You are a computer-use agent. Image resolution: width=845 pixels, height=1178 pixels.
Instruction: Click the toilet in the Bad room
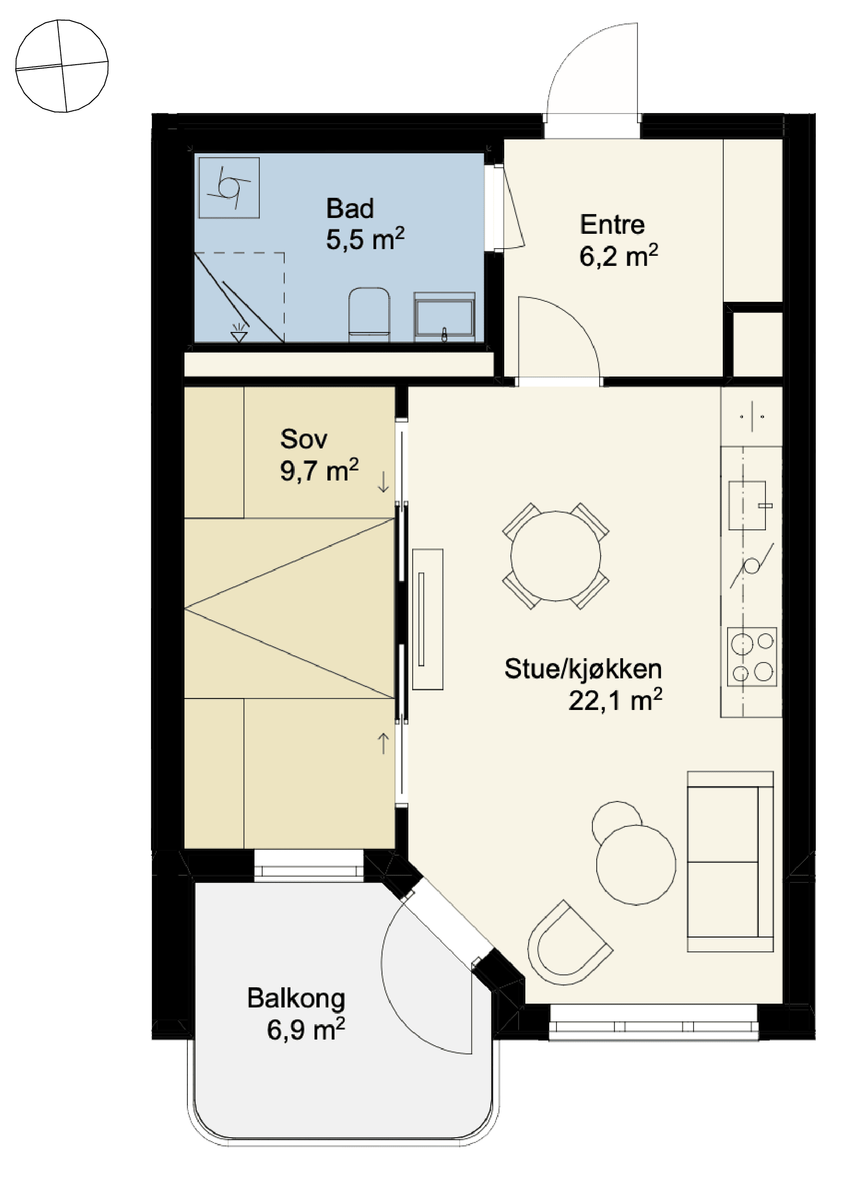tap(369, 315)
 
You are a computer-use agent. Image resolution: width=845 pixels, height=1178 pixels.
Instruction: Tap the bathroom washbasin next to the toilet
tap(444, 317)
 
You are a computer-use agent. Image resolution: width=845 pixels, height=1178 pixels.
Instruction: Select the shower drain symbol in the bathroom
tap(239, 332)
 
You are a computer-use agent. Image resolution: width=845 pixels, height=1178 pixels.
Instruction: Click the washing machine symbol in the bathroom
tap(229, 187)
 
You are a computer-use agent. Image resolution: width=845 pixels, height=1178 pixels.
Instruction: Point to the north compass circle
tap(62, 66)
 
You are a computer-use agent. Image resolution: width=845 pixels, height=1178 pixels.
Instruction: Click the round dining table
tap(556, 556)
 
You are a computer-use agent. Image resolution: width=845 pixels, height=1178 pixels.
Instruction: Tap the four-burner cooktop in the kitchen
tap(752, 656)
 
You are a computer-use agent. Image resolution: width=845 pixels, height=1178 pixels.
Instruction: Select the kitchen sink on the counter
tap(747, 505)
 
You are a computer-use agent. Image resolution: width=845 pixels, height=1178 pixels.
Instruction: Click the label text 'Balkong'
tap(296, 999)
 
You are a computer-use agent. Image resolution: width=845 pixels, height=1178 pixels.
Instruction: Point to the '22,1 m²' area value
tap(615, 700)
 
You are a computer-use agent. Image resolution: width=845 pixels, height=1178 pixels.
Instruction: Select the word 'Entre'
tap(612, 224)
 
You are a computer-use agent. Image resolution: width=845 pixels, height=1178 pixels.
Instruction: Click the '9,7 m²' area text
tap(319, 470)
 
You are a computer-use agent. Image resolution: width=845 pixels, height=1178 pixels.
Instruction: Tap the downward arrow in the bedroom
tap(383, 481)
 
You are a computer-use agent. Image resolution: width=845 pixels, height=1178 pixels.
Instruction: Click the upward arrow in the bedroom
tap(383, 743)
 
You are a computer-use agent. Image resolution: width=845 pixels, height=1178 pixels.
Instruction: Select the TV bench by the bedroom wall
tap(428, 619)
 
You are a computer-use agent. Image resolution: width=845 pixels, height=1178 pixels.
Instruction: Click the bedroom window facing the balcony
tap(309, 866)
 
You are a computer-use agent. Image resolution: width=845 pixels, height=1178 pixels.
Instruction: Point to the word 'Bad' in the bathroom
tap(350, 209)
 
